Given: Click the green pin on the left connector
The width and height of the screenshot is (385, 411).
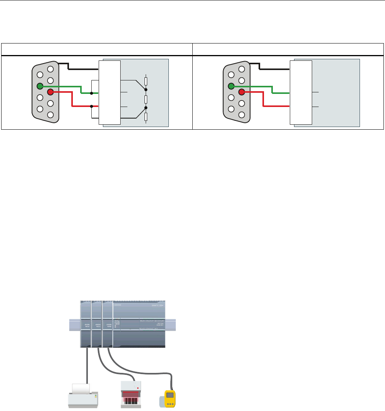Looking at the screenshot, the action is (x=40, y=86).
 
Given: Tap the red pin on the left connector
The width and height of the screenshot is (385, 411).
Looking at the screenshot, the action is (x=50, y=92).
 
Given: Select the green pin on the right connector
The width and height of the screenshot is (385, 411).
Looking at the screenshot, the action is (x=231, y=86).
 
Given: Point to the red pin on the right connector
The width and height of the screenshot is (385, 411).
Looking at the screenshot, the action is (x=242, y=92).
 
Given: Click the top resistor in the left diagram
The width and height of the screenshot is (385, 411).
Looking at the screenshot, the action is (x=146, y=81).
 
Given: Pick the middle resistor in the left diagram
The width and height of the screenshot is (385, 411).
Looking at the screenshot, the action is (x=146, y=99).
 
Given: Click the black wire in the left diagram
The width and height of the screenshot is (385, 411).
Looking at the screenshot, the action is (x=83, y=69).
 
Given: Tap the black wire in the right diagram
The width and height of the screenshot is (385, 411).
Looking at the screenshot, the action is (x=274, y=69).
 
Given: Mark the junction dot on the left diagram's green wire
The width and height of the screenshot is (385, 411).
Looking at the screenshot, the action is (x=91, y=93).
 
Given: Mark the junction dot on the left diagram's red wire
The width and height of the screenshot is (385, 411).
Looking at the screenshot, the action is (x=91, y=106).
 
